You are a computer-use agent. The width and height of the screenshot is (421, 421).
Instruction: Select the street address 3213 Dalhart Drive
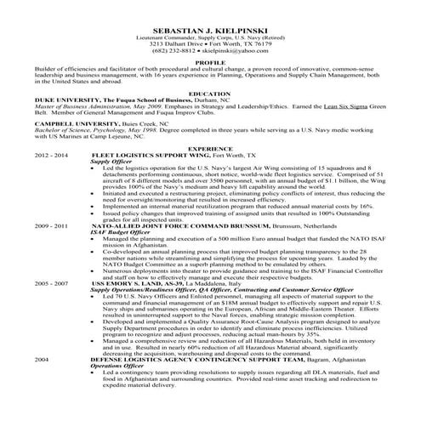coord(180,43)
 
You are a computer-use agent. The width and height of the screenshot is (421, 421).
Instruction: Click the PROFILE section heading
coord(210,62)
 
